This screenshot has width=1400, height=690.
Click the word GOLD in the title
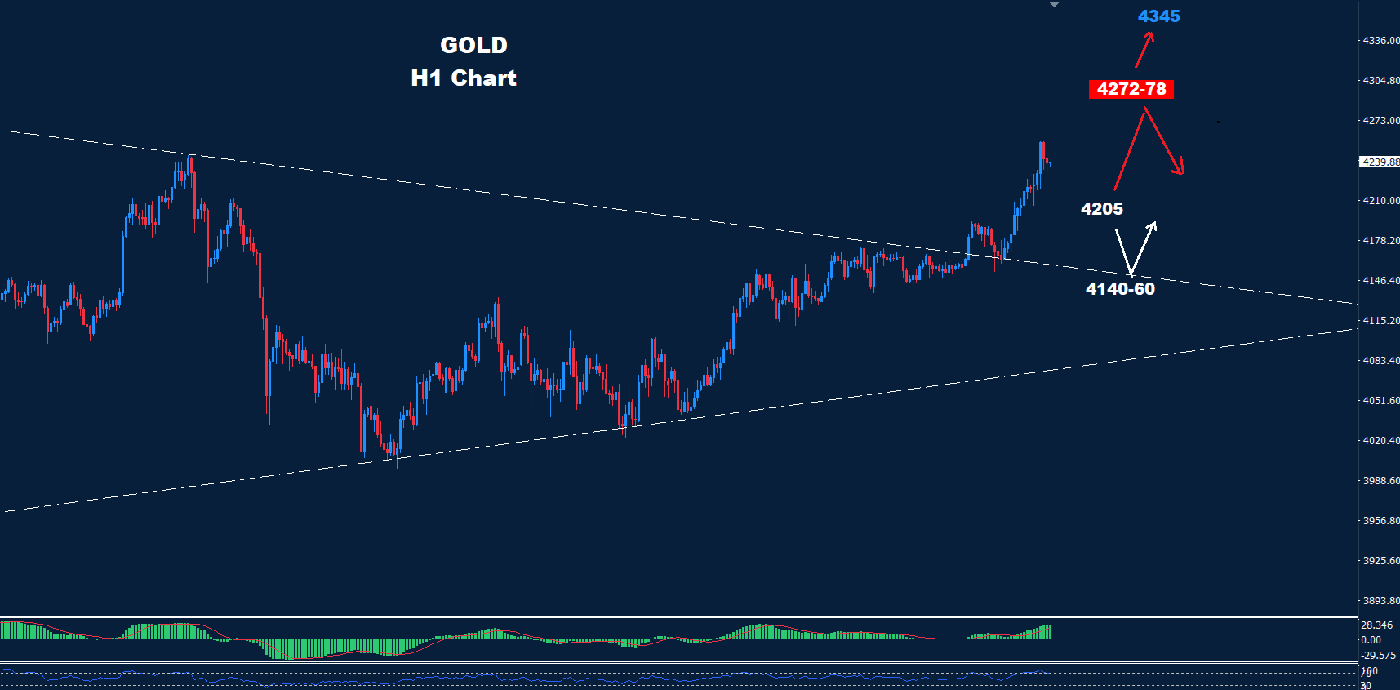[x=473, y=45]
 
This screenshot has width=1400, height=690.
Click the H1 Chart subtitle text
[x=464, y=78]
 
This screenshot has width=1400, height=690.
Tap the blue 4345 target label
[x=1158, y=16]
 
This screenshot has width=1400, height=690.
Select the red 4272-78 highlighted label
[x=1131, y=89]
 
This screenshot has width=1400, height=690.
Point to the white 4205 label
[x=1101, y=209]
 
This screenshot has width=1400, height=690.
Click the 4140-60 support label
[x=1120, y=289]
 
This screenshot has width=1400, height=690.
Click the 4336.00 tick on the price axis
[x=1380, y=41]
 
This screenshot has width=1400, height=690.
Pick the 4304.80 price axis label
[x=1380, y=81]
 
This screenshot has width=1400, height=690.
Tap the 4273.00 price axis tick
[x=1380, y=121]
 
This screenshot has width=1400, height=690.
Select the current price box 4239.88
[x=1380, y=162]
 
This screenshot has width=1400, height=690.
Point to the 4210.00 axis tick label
[x=1380, y=201]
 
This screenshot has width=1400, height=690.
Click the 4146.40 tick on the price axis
[x=1380, y=281]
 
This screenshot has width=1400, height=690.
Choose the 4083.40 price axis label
[x=1380, y=361]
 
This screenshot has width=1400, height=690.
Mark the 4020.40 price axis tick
[x=1380, y=441]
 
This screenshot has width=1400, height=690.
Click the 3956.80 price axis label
[x=1380, y=521]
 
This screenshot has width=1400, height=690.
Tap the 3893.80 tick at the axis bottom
[x=1380, y=601]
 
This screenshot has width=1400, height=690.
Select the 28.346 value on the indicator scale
[x=1376, y=625]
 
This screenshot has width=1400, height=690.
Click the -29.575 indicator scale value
[x=1378, y=656]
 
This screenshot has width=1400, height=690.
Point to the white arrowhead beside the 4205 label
[x=1153, y=226]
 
